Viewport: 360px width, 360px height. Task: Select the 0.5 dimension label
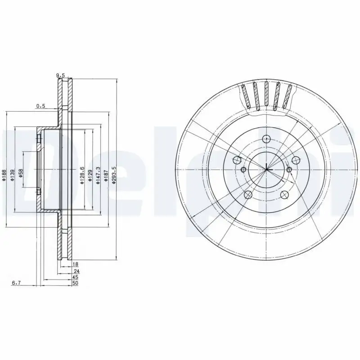[41, 106]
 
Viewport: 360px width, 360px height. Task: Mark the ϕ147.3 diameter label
[98, 174]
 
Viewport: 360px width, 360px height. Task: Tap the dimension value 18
[75, 264]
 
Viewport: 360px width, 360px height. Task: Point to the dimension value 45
[75, 278]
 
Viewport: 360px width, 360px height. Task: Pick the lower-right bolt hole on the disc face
[284, 194]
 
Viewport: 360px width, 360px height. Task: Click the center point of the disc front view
[266, 169]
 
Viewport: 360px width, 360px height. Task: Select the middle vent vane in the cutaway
[266, 95]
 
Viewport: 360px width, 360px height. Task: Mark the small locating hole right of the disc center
[289, 170]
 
